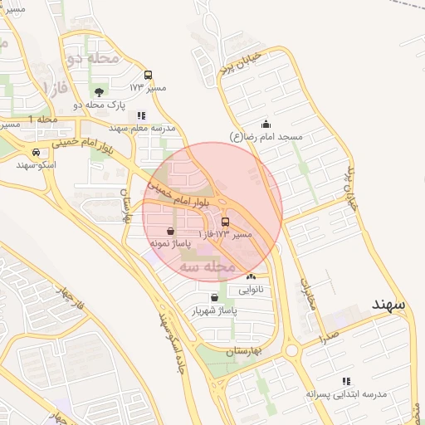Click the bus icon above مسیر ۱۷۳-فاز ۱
pos(226,222)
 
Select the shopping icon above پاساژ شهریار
pos(215,296)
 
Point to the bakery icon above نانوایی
pos(251,276)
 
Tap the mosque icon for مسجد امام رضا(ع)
pos(265,124)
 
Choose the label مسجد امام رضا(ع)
pos(267,136)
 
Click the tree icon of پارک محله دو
pos(100,92)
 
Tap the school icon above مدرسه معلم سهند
pos(141,116)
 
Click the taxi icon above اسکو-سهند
pos(37,153)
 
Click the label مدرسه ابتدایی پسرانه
pos(336,393)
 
